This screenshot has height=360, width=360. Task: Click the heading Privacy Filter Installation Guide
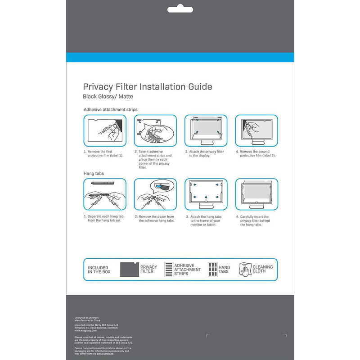coord(147,87)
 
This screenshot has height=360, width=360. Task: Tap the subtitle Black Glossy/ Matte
coord(108,97)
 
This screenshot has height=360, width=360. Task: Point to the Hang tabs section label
coord(94,173)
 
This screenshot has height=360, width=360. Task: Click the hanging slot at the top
coord(180,9)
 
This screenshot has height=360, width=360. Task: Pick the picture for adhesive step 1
coord(105,130)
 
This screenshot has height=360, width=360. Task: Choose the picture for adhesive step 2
coord(155,130)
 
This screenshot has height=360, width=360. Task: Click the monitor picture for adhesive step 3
coord(206,130)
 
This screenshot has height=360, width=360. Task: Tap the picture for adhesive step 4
coord(256,130)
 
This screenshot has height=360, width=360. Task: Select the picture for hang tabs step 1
coord(105,194)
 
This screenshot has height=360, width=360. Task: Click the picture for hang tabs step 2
coord(155,194)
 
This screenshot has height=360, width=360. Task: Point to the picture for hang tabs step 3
coord(206,194)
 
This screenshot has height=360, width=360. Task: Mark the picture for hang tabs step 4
coord(256,194)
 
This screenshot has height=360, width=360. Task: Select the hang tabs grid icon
coord(212,270)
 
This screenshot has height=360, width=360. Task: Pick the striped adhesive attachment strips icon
coord(168,270)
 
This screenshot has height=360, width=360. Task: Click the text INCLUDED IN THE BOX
coord(98,270)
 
